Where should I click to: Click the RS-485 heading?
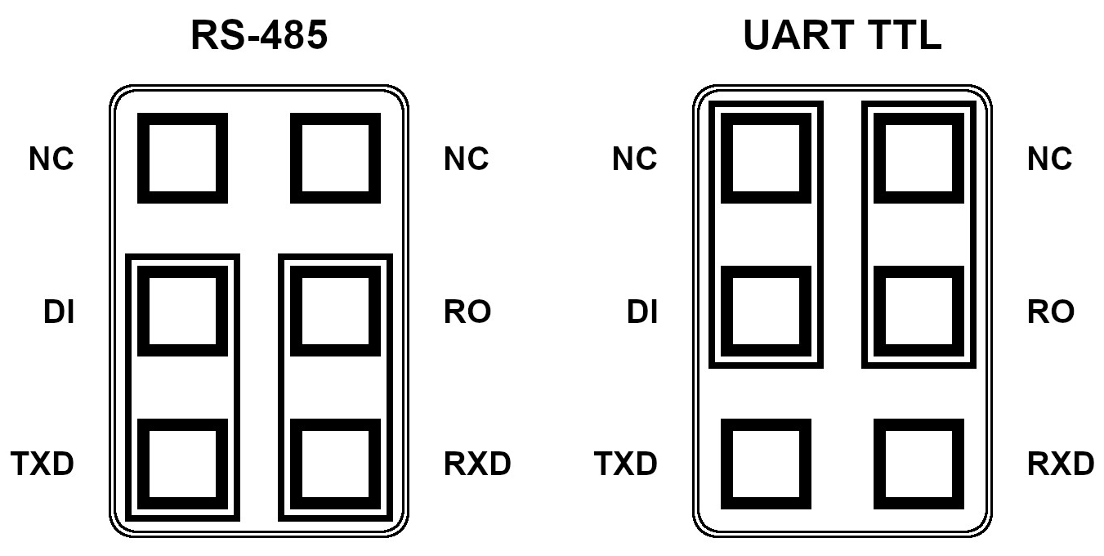click(x=259, y=35)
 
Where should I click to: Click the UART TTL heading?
click(x=843, y=35)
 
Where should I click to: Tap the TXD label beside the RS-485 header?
click(x=42, y=464)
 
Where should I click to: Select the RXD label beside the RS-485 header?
click(x=477, y=464)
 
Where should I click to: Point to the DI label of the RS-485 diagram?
click(x=59, y=312)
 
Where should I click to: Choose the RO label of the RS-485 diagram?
click(x=467, y=312)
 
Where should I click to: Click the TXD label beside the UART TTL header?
click(x=625, y=464)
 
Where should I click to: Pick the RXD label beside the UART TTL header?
click(x=1061, y=464)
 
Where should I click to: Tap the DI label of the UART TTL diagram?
click(x=642, y=312)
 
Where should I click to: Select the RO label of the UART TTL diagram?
click(x=1051, y=312)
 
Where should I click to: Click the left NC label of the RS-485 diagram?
click(x=51, y=159)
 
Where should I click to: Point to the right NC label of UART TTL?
click(x=1050, y=159)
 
